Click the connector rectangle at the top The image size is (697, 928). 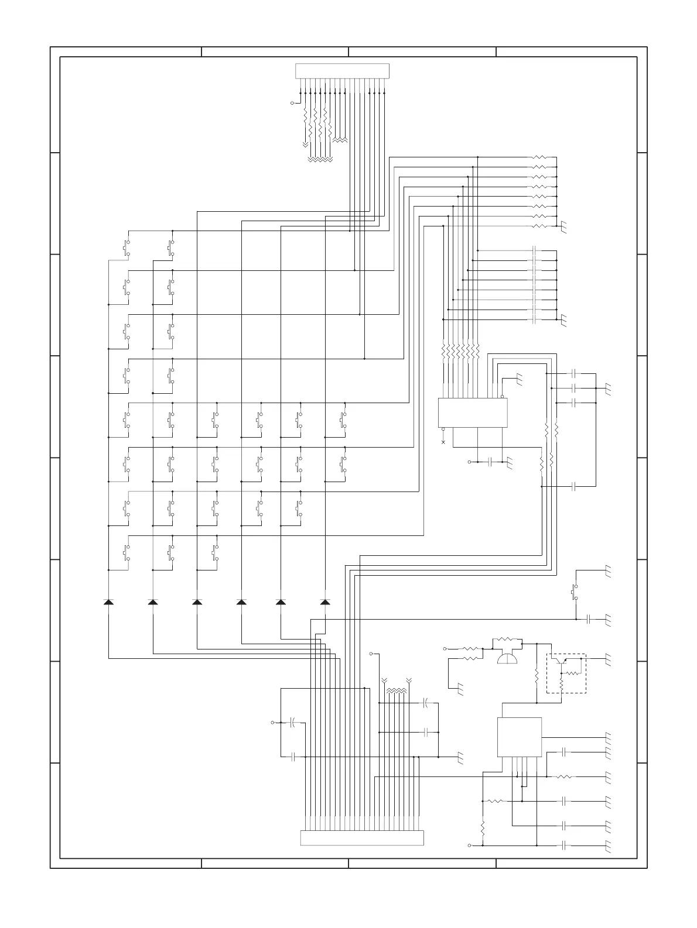tap(342, 71)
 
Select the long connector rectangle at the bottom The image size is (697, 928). tap(361, 837)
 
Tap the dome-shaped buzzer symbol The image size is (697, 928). tap(507, 659)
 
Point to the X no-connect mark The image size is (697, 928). tap(443, 442)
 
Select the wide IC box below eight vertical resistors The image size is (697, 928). tap(473, 413)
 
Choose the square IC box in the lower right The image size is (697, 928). tap(519, 737)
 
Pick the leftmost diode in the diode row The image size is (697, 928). tap(108, 602)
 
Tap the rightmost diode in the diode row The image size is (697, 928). tap(326, 602)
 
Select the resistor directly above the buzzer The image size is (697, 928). tap(508, 640)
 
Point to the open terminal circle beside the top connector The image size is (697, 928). tap(292, 104)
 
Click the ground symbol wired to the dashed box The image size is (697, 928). tap(608, 659)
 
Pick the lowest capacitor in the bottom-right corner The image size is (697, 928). tap(563, 845)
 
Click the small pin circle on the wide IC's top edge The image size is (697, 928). tap(502, 397)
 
